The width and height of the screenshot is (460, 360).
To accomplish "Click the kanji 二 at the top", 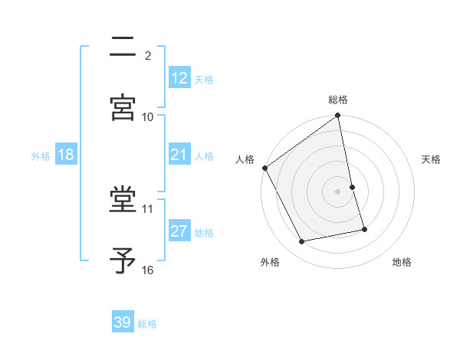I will coord(123,49).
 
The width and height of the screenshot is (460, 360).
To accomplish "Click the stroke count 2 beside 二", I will coord(148,56).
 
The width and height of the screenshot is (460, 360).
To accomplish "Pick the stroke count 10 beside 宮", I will coord(148,116).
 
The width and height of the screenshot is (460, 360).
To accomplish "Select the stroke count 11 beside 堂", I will coord(148,208).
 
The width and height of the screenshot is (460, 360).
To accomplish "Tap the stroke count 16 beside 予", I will coord(148,270).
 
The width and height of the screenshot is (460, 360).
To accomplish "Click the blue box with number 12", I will coord(179,77).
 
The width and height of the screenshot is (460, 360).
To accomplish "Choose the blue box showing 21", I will coord(179,155).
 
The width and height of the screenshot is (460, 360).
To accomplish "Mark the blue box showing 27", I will coord(179,231).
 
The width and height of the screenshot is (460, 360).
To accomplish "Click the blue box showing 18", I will coord(66,155).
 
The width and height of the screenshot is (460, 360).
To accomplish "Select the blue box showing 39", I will coord(123,322).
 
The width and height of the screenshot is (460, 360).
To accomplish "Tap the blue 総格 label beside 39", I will coord(147,324).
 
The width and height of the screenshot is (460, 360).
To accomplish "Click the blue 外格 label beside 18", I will coord(41,156).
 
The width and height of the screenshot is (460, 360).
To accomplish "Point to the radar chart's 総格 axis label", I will coord(338,100).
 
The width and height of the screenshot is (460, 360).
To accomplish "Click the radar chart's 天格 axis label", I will coord(432,159).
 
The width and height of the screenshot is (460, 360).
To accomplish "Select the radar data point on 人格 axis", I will coord(264,168).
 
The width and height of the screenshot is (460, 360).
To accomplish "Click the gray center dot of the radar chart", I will coord(338,191).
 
